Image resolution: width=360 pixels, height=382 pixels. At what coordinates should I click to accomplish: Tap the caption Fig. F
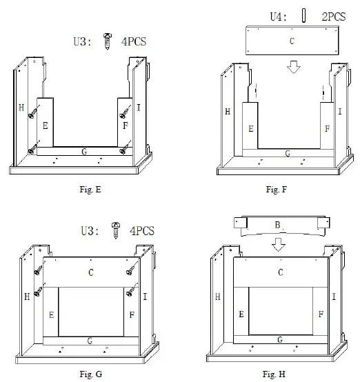[x=274, y=190]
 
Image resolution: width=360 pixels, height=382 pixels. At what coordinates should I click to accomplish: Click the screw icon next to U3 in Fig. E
[x=106, y=41]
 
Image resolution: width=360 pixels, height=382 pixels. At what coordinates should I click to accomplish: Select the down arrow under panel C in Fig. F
[x=294, y=68]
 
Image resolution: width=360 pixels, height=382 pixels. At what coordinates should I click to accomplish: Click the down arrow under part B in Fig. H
[x=278, y=245]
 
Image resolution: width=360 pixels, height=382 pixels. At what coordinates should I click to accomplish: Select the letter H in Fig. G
[x=27, y=296]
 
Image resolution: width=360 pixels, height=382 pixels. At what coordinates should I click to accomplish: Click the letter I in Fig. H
[x=334, y=296]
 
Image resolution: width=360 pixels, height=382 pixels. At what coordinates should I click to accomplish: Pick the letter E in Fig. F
[x=250, y=129]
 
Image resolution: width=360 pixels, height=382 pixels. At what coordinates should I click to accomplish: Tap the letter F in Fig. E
[x=125, y=126]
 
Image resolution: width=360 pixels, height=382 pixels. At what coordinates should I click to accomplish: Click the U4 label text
[x=277, y=16]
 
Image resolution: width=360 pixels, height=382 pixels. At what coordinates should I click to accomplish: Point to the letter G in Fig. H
[x=278, y=339]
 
